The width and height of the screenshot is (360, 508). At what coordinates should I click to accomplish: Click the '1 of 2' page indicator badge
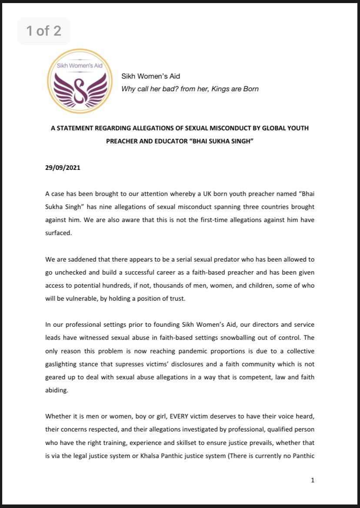click(x=43, y=31)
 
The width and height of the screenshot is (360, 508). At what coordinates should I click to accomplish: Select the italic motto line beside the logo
click(x=190, y=89)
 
